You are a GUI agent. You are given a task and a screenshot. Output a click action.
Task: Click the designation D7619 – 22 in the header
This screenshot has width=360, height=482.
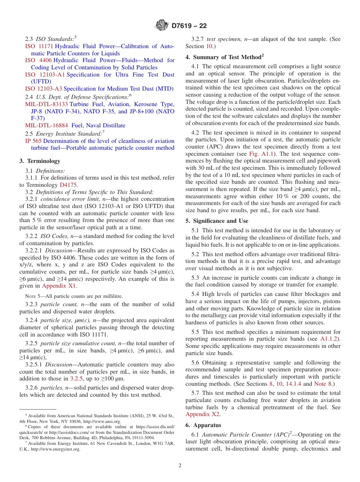(x=189, y=26)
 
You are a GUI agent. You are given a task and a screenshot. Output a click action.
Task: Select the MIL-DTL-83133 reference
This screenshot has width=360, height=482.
(x=47, y=104)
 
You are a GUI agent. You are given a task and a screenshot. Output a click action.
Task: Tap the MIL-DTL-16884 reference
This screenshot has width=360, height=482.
(x=47, y=125)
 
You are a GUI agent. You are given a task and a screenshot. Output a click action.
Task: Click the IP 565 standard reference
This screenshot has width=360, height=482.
(x=33, y=141)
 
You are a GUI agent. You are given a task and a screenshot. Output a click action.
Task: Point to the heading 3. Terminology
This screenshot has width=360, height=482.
(x=40, y=161)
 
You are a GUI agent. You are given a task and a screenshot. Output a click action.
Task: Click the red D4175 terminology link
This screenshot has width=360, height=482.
(x=68, y=185)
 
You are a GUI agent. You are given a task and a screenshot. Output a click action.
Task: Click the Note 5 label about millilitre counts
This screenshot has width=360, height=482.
(x=32, y=296)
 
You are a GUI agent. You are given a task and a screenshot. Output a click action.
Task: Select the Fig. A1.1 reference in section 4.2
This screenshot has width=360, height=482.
(x=259, y=154)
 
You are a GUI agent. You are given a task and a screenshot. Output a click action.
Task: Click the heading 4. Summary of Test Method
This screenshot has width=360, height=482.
(x=224, y=57)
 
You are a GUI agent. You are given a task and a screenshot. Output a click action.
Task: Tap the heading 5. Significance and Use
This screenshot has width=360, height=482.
(x=217, y=221)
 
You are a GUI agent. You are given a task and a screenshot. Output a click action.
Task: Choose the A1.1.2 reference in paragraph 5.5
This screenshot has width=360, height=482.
(x=330, y=339)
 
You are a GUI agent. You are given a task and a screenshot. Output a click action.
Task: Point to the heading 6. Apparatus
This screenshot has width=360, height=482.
(x=203, y=425)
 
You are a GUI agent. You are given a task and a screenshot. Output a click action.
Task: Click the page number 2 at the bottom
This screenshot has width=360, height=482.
(x=180, y=466)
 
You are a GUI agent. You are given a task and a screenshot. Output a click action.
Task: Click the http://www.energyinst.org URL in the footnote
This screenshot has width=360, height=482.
(x=56, y=449)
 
